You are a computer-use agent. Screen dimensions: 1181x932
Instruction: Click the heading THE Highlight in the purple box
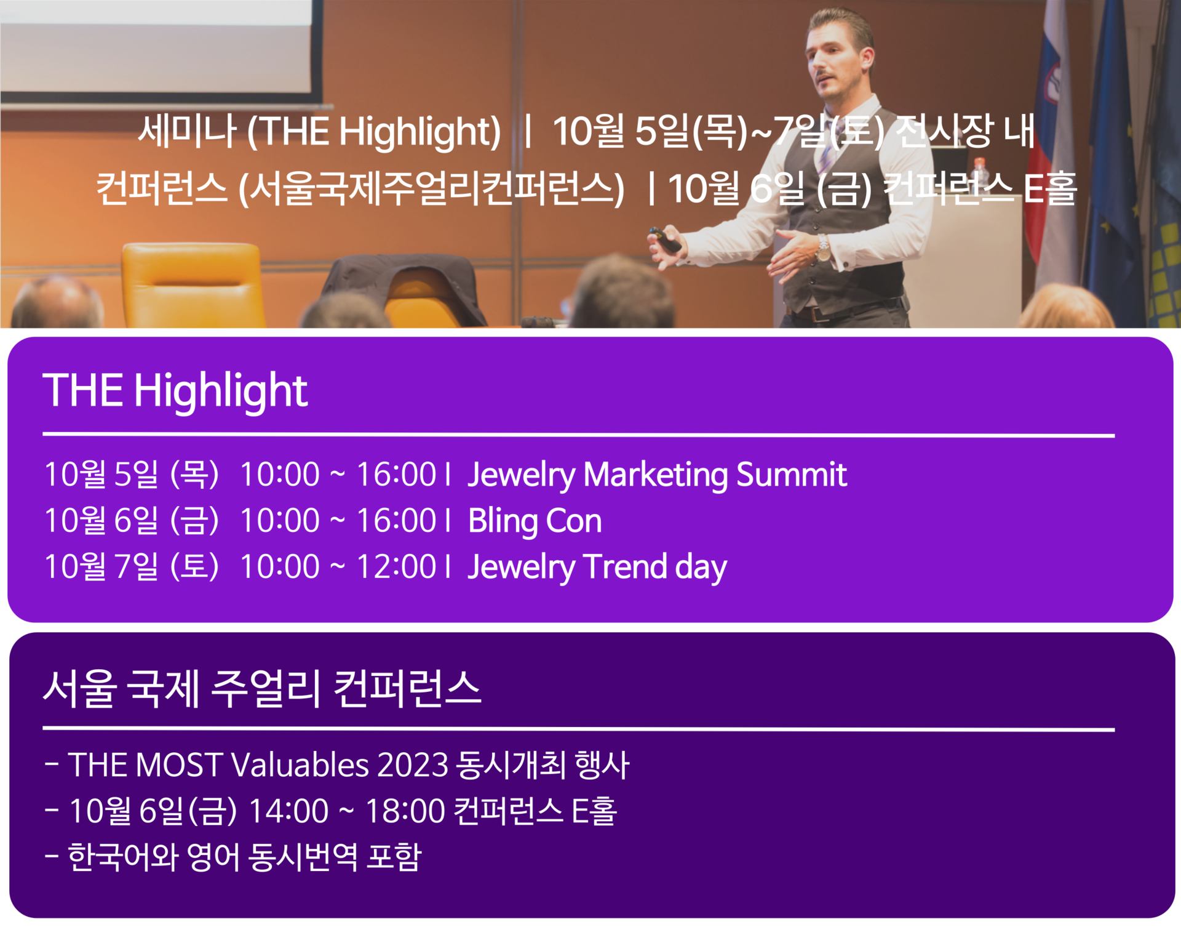pos(175,391)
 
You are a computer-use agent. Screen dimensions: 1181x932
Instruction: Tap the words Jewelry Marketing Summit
pos(657,475)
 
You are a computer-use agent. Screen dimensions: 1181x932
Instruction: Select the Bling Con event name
pos(535,521)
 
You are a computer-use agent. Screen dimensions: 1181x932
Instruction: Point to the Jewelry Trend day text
pos(597,567)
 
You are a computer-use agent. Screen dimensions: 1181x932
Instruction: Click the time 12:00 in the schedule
pos(396,567)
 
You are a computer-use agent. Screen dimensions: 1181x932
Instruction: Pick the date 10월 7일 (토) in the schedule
pos(132,567)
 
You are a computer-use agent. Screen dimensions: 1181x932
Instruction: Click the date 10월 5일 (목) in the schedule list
pos(132,475)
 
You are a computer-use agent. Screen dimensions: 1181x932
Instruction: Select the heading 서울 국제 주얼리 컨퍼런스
pos(262,688)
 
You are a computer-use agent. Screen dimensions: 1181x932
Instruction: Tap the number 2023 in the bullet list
pos(413,765)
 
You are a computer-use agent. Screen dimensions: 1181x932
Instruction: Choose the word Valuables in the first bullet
pos(300,765)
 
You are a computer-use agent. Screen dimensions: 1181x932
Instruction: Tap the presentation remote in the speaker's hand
pos(664,239)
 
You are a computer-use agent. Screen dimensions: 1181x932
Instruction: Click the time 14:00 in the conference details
pos(288,811)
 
